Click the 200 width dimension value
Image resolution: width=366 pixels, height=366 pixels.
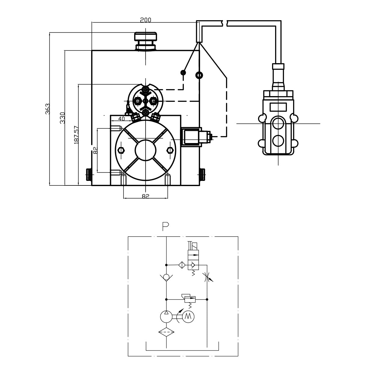tap(145, 20)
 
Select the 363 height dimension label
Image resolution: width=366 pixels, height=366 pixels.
tap(47, 109)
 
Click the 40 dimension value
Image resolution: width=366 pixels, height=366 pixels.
tap(121, 119)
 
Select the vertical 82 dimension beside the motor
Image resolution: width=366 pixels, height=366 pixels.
tap(95, 150)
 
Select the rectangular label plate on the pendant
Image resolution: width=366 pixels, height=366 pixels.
tap(278, 107)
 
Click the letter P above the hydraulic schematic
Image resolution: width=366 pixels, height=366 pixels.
tap(166, 226)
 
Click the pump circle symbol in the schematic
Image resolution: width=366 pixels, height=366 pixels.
tap(166, 317)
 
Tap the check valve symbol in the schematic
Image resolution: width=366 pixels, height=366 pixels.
tap(166, 277)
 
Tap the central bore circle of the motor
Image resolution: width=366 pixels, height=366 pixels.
tap(146, 150)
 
